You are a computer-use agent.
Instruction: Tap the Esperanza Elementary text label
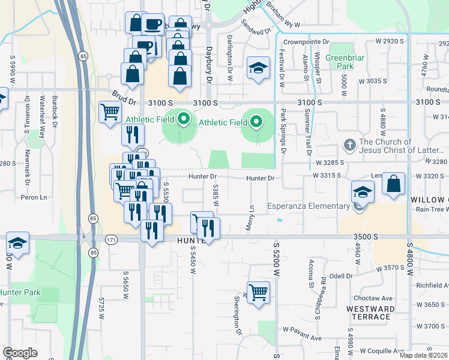[x=308, y=206]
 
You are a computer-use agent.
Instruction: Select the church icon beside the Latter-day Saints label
[x=349, y=145]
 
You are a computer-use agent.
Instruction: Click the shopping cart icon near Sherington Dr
[x=258, y=293]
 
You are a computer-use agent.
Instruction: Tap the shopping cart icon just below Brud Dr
[x=110, y=112]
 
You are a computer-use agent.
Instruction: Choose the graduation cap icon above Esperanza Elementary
[x=363, y=191]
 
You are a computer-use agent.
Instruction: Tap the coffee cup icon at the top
[x=152, y=25]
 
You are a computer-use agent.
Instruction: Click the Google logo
[x=20, y=352]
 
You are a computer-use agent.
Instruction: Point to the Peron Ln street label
[x=34, y=197]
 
